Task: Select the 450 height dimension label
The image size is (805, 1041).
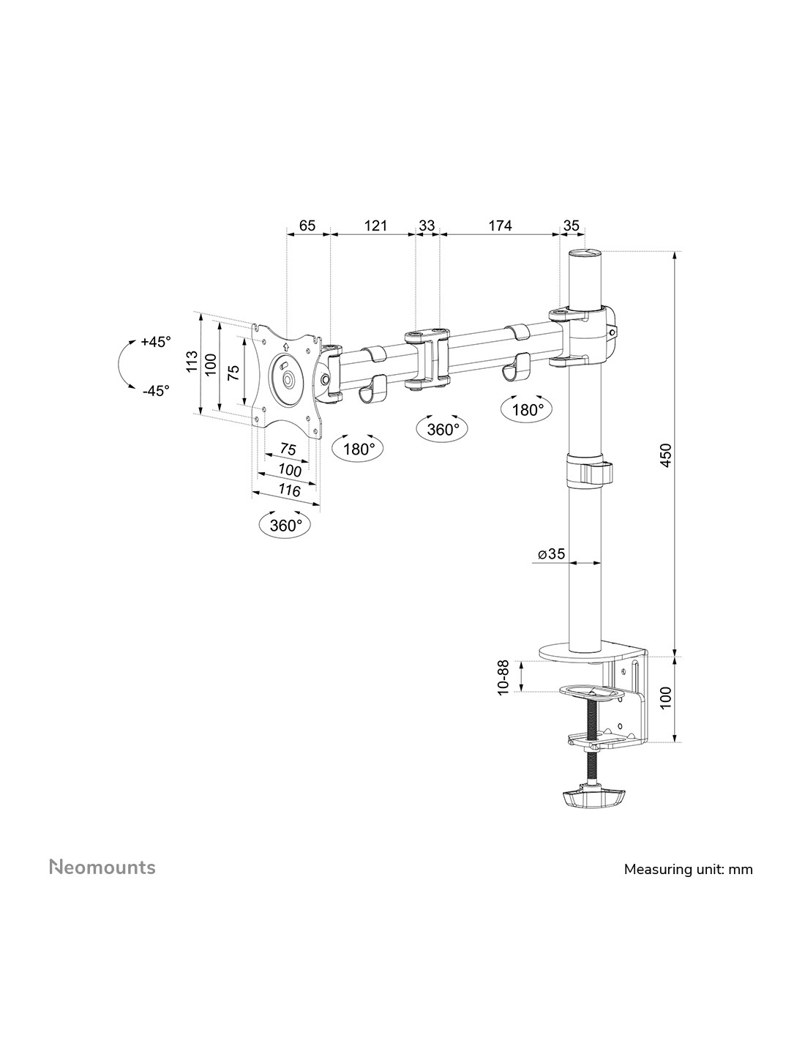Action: tap(666, 455)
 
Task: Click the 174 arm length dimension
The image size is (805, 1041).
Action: tap(500, 225)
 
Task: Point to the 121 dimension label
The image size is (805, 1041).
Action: tap(375, 225)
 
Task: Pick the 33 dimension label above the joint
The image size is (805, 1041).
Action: tap(427, 225)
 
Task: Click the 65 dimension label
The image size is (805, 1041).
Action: tap(307, 225)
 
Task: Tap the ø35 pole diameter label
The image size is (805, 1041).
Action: tap(551, 553)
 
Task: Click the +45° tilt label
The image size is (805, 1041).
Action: tap(156, 342)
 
